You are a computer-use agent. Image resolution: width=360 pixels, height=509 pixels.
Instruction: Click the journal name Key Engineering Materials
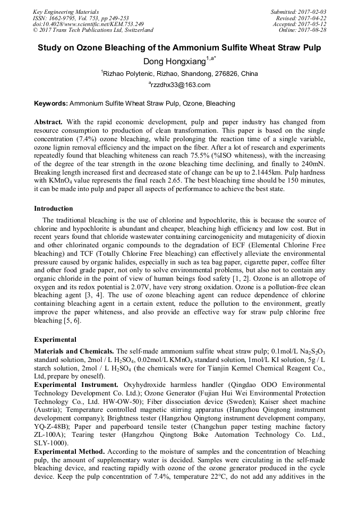66,11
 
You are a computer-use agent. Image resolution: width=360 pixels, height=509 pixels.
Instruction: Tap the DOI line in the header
88,24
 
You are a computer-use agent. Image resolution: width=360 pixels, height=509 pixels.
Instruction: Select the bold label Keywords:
50,103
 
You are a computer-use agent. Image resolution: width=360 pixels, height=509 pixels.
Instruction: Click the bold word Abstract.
48,122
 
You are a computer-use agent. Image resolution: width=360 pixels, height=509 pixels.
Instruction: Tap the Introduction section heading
54,209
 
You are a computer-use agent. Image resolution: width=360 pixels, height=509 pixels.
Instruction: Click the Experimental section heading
55,339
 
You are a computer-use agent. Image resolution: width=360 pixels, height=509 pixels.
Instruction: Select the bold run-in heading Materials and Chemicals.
74,351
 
